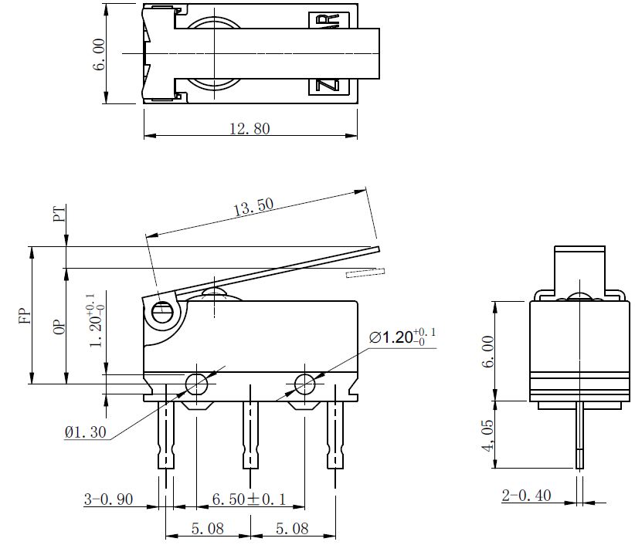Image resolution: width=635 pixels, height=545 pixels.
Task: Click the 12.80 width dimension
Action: (x=250, y=129)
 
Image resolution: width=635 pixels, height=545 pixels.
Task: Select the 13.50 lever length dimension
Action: (x=253, y=207)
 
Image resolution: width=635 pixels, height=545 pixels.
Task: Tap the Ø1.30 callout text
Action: (x=86, y=432)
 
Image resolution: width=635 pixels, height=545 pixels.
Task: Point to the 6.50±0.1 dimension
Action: (x=249, y=499)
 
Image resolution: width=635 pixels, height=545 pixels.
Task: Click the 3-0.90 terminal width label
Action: (x=108, y=499)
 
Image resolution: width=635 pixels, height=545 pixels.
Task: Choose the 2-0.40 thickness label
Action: (x=527, y=496)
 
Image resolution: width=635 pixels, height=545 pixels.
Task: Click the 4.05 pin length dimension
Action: (x=488, y=435)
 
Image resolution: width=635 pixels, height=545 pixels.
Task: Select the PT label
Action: (x=59, y=214)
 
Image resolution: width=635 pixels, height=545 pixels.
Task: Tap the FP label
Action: (x=25, y=316)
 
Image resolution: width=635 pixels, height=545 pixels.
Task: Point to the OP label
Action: (x=59, y=327)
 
